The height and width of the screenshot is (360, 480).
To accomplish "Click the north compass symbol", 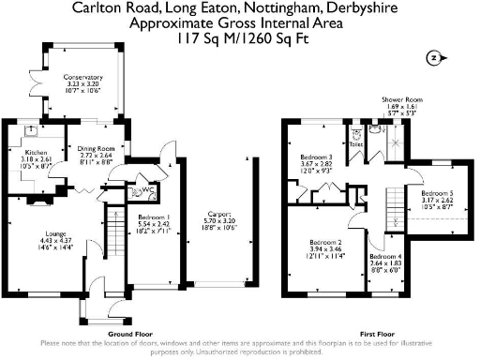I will [x=432, y=58].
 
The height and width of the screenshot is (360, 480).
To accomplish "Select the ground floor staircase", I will [x=117, y=234].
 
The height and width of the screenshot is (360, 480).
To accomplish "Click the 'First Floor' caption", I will [x=376, y=333].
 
